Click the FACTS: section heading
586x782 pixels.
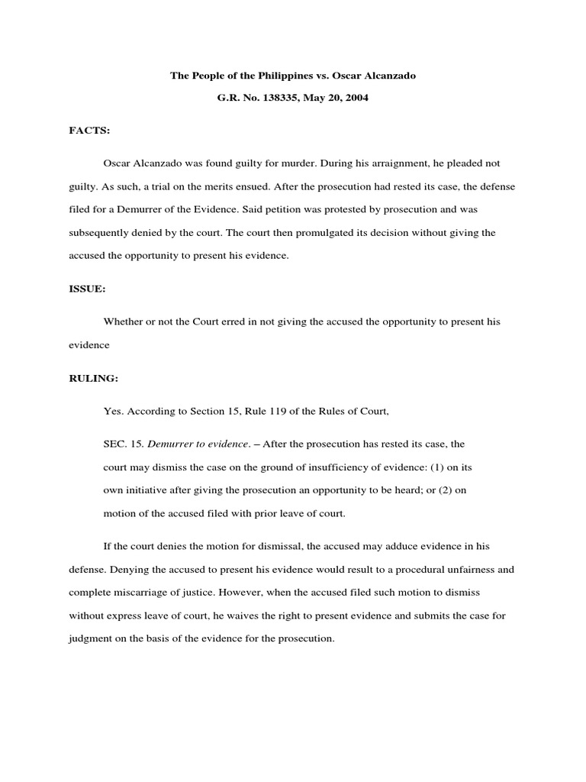89,131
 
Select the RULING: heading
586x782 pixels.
93,377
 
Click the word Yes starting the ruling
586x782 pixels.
113,411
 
